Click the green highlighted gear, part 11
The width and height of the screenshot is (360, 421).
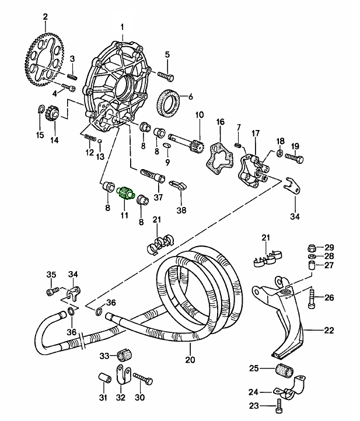click(125, 194)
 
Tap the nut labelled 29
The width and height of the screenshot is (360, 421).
click(313, 247)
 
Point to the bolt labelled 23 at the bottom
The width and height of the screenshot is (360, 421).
click(282, 405)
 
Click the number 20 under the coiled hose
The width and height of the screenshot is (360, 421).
click(188, 359)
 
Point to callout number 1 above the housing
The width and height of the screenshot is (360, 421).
click(123, 27)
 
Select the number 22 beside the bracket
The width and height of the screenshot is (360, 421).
click(329, 331)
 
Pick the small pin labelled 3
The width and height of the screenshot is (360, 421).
click(72, 75)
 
